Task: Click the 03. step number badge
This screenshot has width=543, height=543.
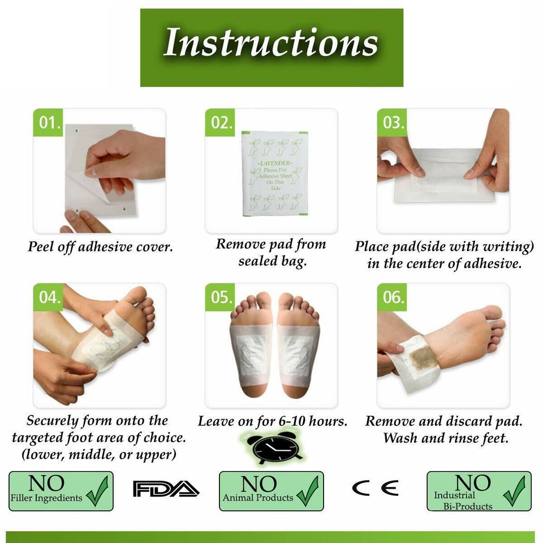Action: tap(392, 123)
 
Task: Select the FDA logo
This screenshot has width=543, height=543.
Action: tap(165, 488)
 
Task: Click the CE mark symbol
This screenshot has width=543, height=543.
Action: tap(375, 488)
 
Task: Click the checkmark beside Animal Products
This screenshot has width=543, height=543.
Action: tap(307, 491)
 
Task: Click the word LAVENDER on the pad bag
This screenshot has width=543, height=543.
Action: tap(275, 163)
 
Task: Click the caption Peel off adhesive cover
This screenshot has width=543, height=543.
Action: tap(100, 247)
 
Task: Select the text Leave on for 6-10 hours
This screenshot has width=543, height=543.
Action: tap(272, 422)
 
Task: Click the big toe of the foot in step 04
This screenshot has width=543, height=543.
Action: tap(135, 295)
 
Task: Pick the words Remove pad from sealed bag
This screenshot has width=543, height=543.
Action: tap(271, 252)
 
